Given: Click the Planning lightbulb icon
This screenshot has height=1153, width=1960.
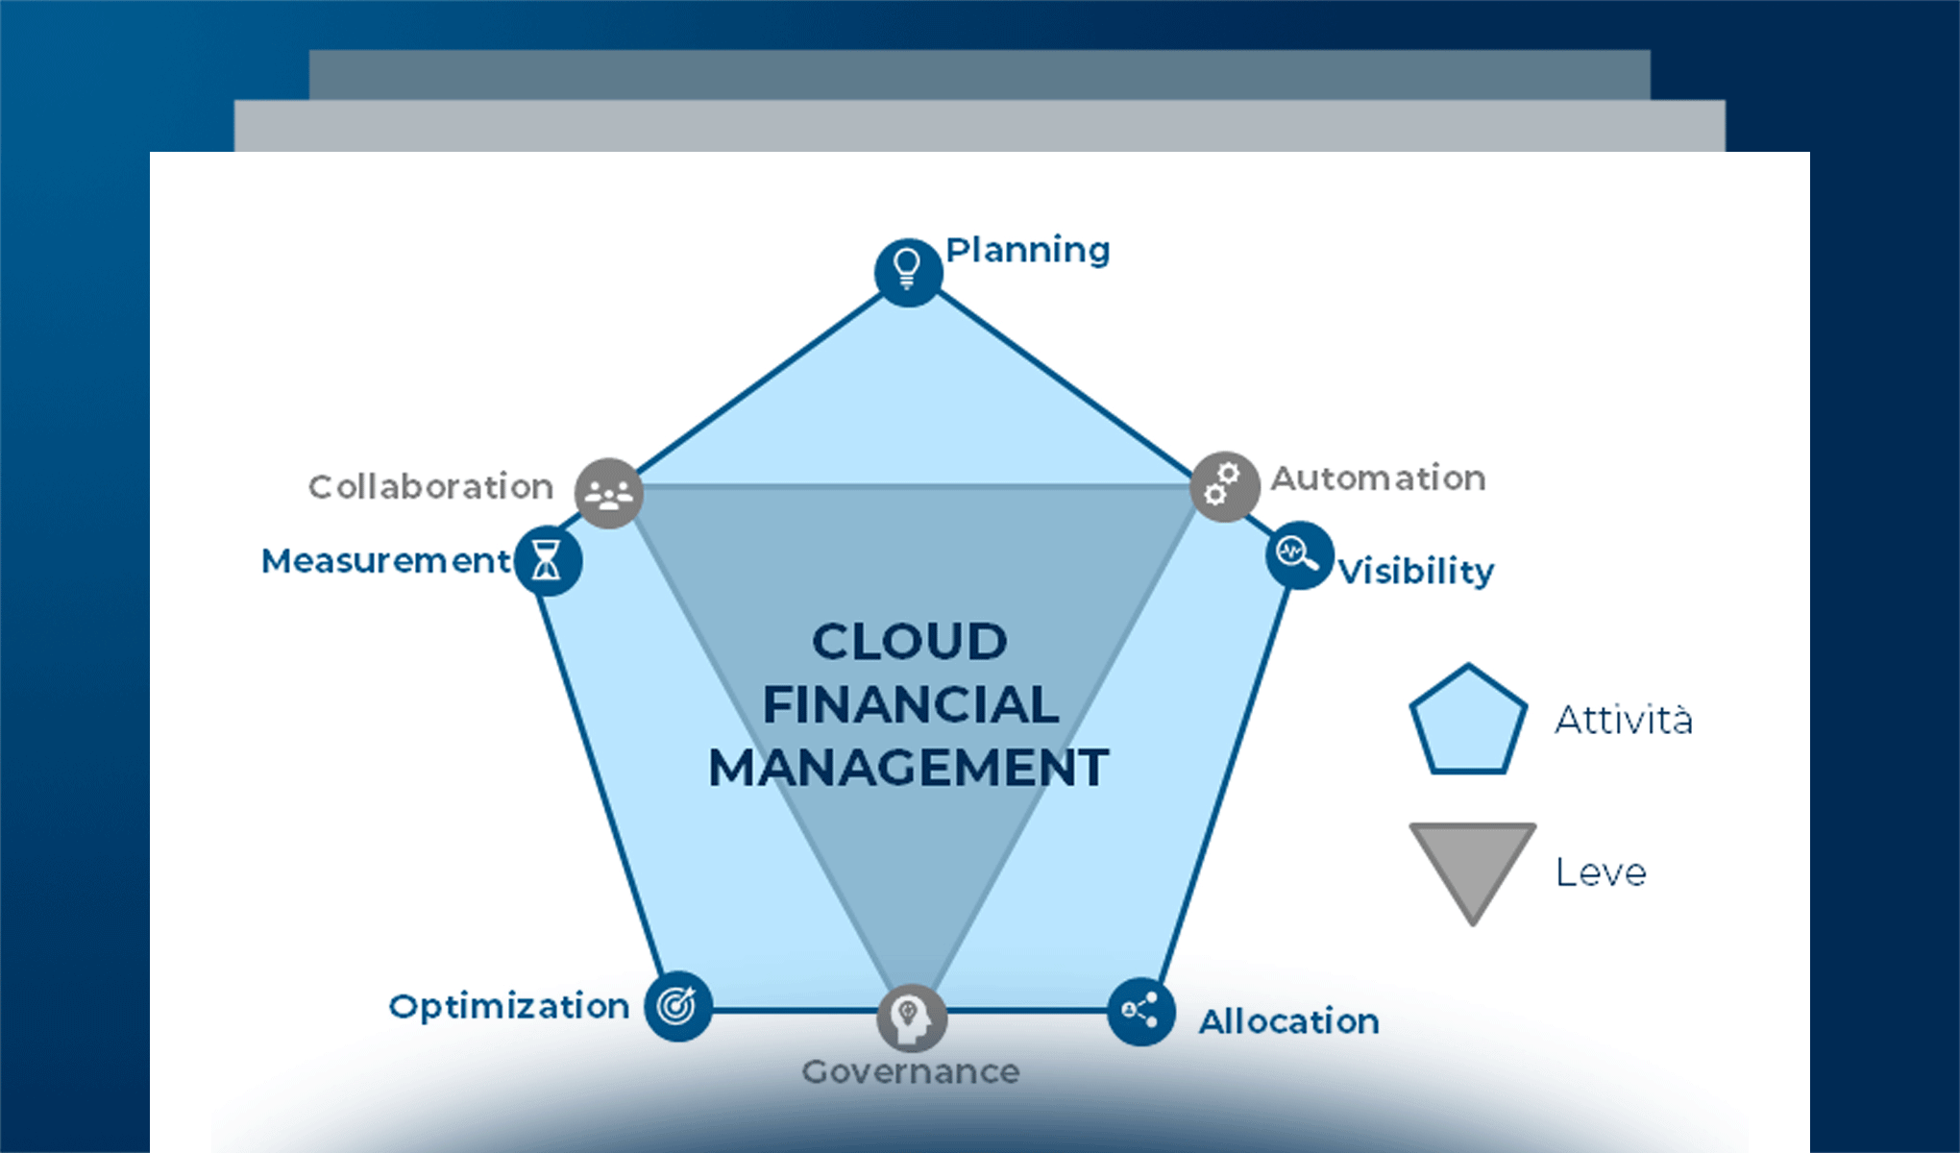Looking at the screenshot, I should pos(908,272).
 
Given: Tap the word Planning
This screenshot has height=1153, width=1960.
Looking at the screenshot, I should pos(1028,251).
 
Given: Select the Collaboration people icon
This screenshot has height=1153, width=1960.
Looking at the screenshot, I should pos(609,493).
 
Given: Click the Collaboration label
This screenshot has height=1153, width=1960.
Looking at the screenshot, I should pos(430,487).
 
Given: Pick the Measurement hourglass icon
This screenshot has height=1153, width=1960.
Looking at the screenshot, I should pos(548,560).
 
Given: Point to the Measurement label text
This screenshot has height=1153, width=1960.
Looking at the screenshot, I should pos(386,561).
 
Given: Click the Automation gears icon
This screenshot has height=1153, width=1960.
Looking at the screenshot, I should pos(1224,486).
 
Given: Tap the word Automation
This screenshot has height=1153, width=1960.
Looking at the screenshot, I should pos(1378,478).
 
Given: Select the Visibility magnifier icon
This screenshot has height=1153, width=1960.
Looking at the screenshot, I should pos(1298,554).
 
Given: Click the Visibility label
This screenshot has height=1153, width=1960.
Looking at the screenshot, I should pos(1416,572).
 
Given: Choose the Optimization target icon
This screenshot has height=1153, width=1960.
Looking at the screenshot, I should pos(678,1006).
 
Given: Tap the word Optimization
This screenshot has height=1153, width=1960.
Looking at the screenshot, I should pos(509,1006).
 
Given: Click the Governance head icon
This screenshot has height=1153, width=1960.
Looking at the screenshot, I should pos(912,1018).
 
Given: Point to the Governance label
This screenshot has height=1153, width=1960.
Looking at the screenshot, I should pos(911,1071).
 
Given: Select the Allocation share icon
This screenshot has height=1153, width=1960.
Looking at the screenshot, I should pos(1140,1011).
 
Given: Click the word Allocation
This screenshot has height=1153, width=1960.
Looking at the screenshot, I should pos(1288,1021).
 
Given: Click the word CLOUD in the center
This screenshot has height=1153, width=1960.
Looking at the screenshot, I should pos(909,642).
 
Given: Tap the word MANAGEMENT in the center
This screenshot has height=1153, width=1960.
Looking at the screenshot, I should pos(909,768).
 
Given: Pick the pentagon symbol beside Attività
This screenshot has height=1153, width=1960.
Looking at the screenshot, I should pos(1468,722).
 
